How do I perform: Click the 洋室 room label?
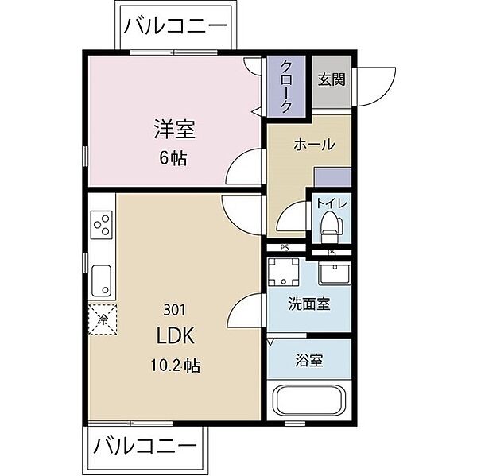174,128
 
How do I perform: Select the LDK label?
176,335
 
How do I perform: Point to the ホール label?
314,145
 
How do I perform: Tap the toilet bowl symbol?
329,230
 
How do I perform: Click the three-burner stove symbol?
102,226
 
